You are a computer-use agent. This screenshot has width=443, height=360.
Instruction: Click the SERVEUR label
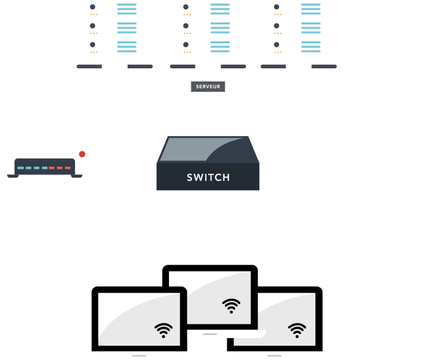click(x=208, y=86)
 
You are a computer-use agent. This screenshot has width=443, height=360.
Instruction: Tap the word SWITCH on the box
click(x=208, y=177)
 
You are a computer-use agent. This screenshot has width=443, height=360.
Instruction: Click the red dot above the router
click(x=82, y=154)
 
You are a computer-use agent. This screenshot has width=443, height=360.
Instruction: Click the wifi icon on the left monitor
click(x=164, y=330)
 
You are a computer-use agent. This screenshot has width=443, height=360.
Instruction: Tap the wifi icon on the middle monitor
click(x=231, y=306)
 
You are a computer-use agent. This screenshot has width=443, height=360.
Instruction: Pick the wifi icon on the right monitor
click(x=297, y=330)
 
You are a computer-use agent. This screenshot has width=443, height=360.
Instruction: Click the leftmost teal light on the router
click(x=20, y=168)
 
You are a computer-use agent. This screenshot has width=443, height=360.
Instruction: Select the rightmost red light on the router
click(x=68, y=168)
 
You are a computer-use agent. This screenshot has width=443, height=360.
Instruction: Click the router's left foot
click(x=13, y=176)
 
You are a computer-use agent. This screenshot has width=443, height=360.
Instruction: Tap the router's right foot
click(x=77, y=176)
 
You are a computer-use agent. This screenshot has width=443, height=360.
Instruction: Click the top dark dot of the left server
click(x=92, y=7)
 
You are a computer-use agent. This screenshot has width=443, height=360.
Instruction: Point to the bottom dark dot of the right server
click(x=277, y=44)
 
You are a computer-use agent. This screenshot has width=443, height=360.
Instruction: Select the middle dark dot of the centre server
click(x=186, y=25)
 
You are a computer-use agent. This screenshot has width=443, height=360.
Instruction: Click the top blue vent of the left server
click(x=127, y=9)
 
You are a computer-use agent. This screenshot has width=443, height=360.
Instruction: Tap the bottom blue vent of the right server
click(x=311, y=46)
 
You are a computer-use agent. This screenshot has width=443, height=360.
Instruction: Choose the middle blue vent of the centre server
click(x=220, y=28)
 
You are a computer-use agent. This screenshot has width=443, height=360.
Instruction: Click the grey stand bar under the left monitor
click(x=139, y=356)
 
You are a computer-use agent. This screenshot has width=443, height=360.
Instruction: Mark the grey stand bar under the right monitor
click(x=275, y=356)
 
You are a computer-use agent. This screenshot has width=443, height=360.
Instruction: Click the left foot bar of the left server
click(x=89, y=67)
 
